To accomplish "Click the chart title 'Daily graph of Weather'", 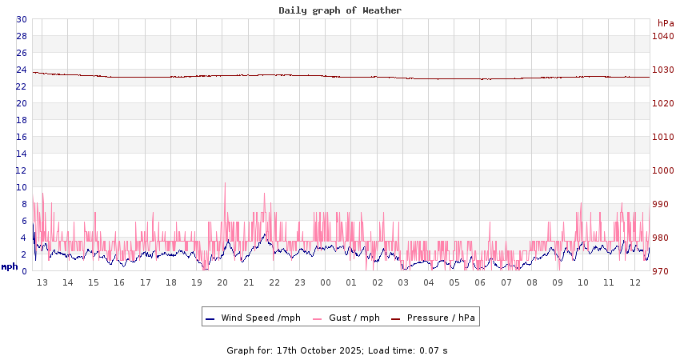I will (x=340, y=10).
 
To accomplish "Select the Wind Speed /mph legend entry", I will (x=253, y=318).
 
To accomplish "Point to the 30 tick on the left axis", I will (x=22, y=19).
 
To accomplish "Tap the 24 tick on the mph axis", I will (x=22, y=70).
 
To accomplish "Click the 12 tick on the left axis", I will (x=22, y=170).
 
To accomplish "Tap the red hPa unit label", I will (x=665, y=23).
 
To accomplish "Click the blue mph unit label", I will (x=10, y=266).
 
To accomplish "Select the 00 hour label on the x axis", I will (x=326, y=282).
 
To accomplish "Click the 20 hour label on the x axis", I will (x=222, y=282).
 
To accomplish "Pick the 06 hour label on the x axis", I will (x=480, y=282).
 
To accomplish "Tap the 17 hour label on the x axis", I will (x=146, y=282).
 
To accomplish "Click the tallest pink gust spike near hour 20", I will (x=225, y=184).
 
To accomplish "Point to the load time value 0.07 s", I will (x=434, y=350).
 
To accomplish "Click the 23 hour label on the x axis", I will (x=300, y=282).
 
